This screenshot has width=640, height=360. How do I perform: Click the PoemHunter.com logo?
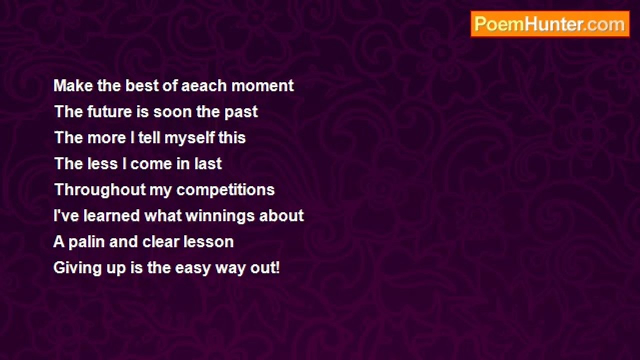(x=550, y=24)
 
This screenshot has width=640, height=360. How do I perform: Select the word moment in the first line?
(x=262, y=85)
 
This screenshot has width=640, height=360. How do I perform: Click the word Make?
(x=73, y=85)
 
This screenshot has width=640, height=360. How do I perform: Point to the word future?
(x=109, y=111)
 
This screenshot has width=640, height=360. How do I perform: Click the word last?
(x=208, y=163)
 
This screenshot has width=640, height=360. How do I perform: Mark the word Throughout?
(x=100, y=190)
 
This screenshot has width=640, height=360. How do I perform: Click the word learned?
(x=111, y=215)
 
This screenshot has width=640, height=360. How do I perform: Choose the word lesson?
(x=208, y=242)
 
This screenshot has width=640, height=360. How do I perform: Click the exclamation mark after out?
(x=277, y=268)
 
